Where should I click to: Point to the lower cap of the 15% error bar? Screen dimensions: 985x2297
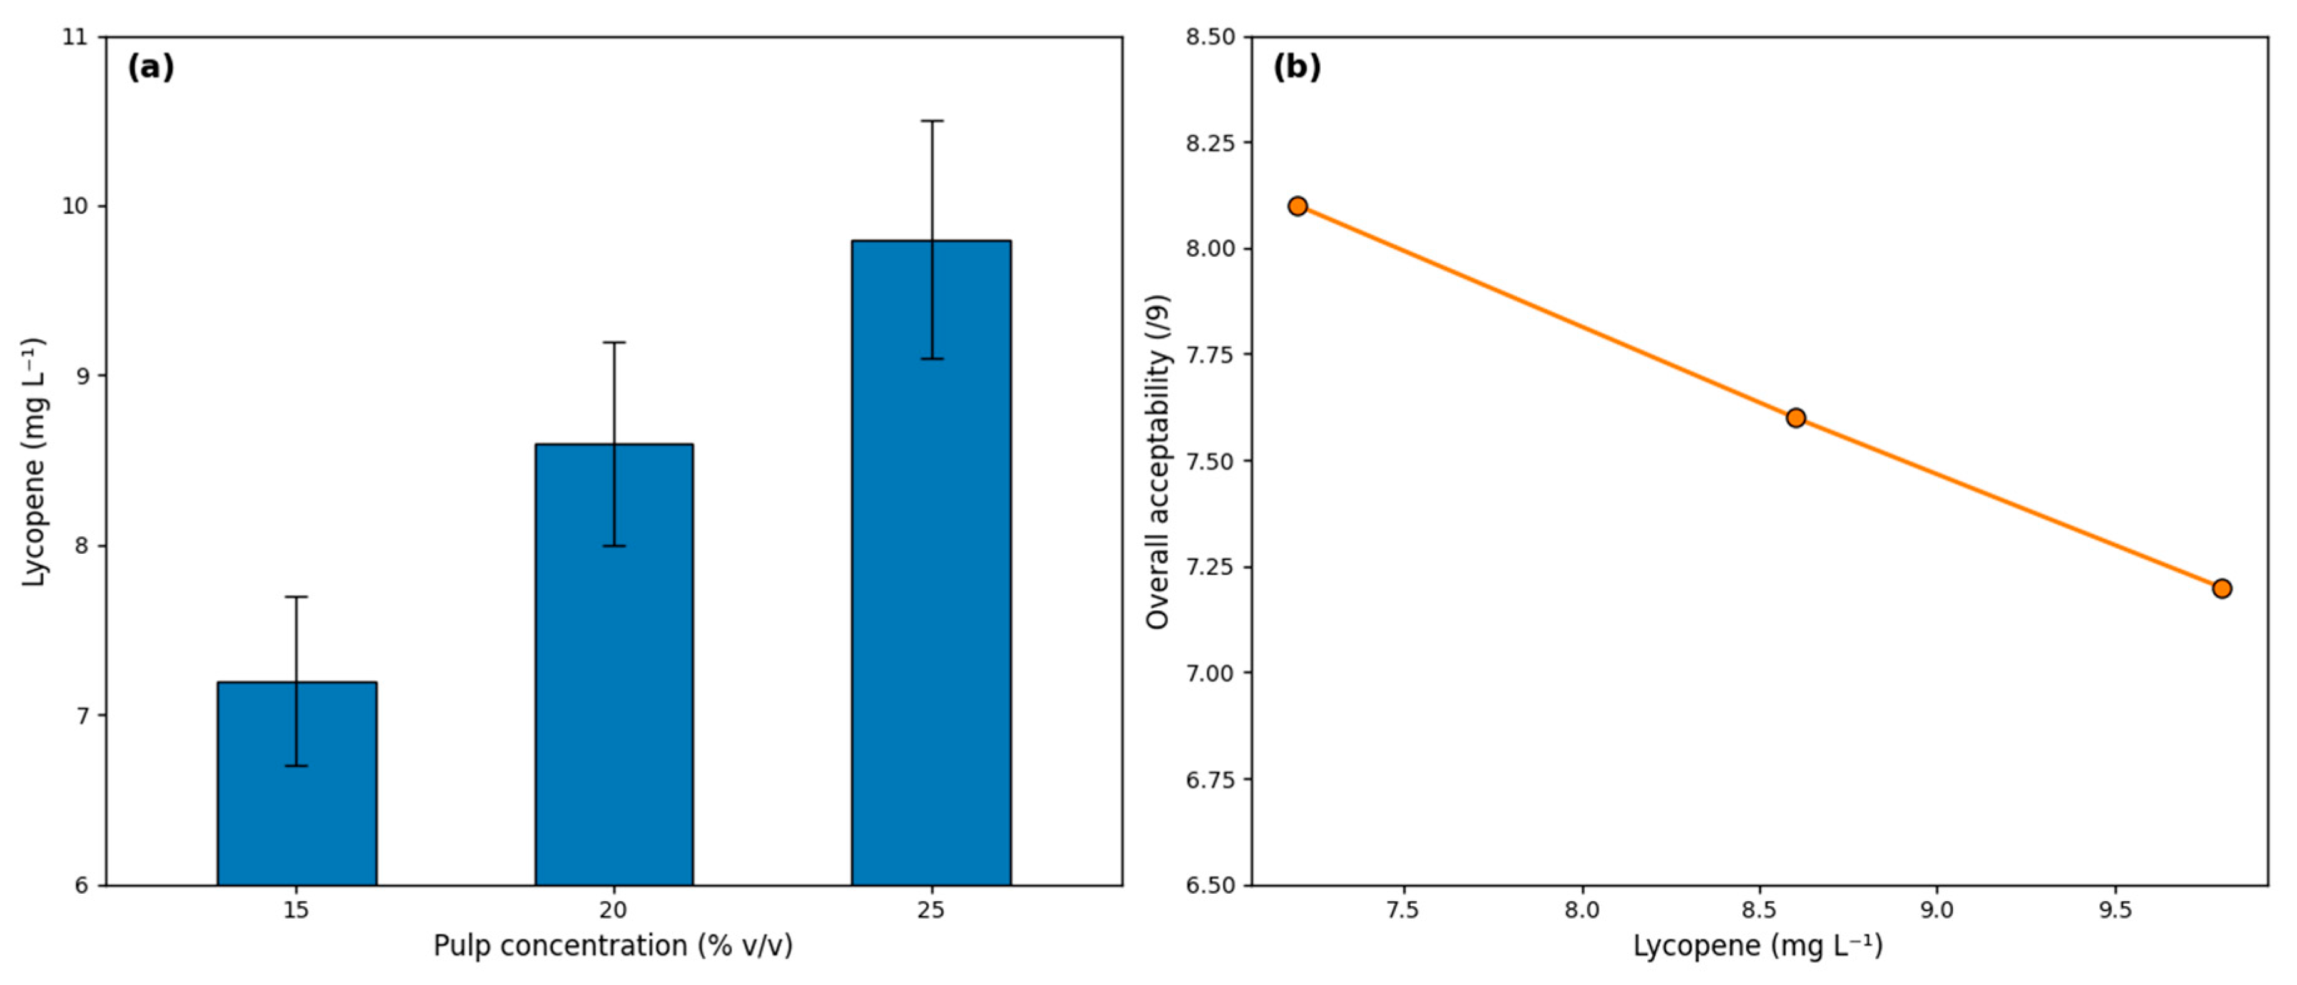(x=297, y=766)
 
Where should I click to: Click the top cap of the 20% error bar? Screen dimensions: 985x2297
(x=615, y=342)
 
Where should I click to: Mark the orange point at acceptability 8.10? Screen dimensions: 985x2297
(x=1297, y=206)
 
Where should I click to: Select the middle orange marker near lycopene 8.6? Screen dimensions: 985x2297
(x=1796, y=418)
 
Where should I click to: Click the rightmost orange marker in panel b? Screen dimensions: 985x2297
(x=2222, y=588)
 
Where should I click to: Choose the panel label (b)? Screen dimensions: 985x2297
(x=1296, y=67)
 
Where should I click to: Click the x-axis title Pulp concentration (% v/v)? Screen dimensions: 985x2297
(x=613, y=945)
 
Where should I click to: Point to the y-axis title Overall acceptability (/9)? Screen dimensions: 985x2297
(x=1157, y=462)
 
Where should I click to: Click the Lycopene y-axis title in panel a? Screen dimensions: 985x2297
(x=34, y=462)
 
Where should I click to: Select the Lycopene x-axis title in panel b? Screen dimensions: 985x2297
(x=1758, y=945)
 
